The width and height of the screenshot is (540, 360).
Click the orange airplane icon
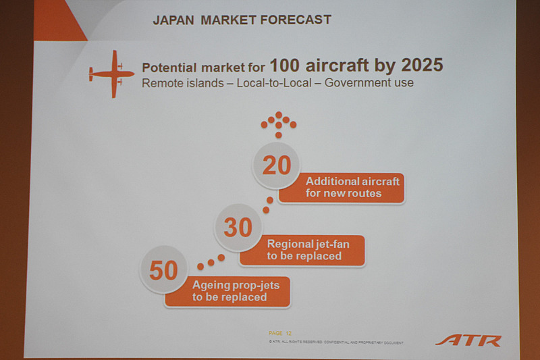tap(111, 74)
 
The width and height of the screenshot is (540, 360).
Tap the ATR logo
tap(468, 339)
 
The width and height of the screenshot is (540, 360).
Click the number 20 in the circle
tap(276, 165)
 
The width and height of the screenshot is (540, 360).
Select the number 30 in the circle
tap(238, 228)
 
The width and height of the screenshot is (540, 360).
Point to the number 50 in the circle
tap(163, 270)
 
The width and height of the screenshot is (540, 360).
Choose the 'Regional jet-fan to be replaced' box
tap(302, 250)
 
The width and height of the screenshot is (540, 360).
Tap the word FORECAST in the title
tap(298, 20)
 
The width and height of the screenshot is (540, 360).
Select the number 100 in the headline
tap(286, 66)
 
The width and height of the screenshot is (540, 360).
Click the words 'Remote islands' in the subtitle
tap(175, 83)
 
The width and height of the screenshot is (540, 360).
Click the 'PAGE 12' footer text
tap(279, 332)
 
